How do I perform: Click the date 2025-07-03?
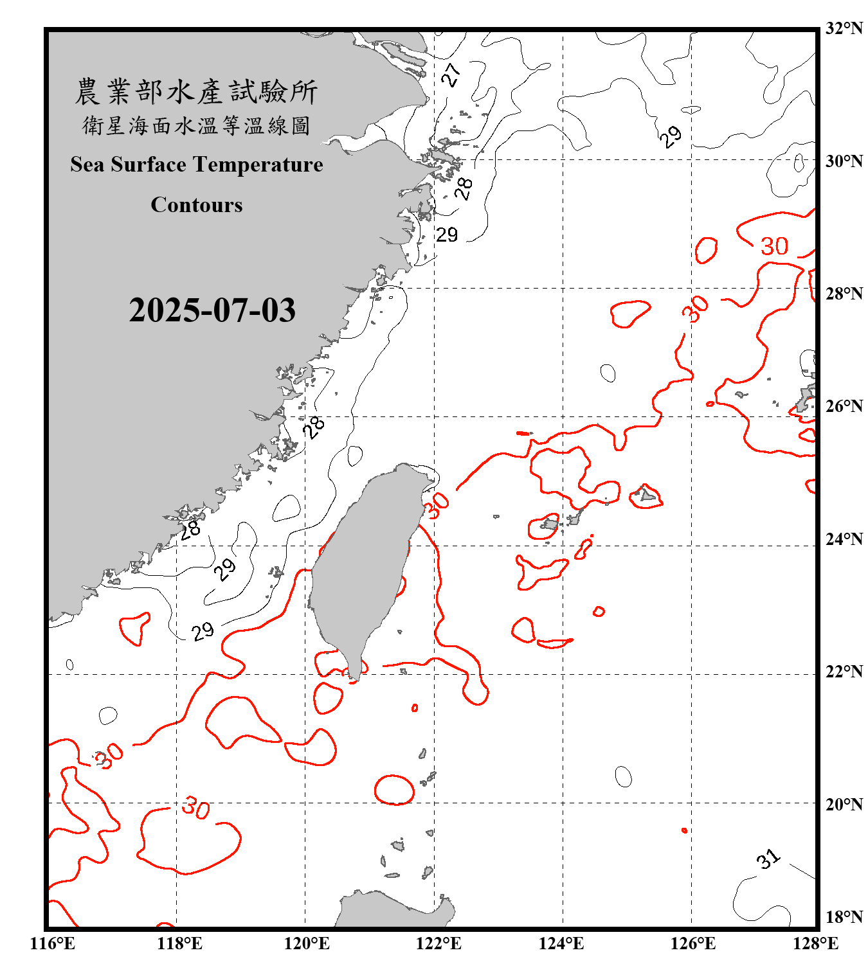click(x=212, y=310)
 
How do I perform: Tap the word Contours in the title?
click(x=196, y=205)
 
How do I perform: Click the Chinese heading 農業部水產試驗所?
click(x=196, y=91)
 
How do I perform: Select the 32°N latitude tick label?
click(x=844, y=28)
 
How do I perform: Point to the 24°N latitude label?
click(x=844, y=539)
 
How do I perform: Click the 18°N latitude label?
click(x=844, y=917)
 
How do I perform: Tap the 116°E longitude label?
click(x=52, y=943)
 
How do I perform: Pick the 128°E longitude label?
click(x=815, y=943)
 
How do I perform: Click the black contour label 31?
click(x=768, y=859)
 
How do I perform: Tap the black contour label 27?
click(x=451, y=75)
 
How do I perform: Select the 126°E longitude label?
click(x=693, y=943)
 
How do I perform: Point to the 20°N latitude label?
click(x=844, y=804)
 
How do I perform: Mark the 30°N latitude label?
click(x=844, y=161)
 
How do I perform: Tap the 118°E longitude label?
click(x=179, y=943)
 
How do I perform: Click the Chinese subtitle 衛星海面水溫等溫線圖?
click(x=196, y=126)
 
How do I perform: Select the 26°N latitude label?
click(x=844, y=406)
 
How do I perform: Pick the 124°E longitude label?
click(x=561, y=943)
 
